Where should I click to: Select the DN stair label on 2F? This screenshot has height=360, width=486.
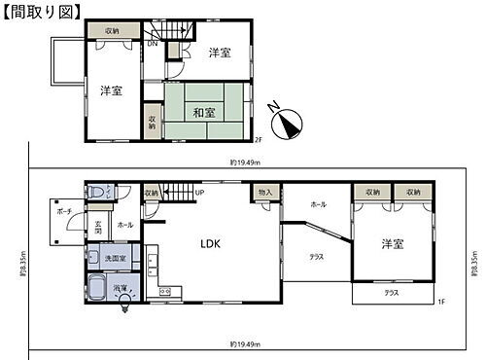pyautogui.click(x=153, y=44)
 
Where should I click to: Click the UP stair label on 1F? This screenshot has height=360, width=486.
pyautogui.click(x=198, y=193)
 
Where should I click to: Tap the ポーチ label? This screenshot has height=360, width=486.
pyautogui.click(x=65, y=210)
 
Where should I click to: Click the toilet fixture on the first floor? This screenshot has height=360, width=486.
pyautogui.click(x=93, y=195)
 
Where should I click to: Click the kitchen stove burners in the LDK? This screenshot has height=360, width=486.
pyautogui.click(x=164, y=291)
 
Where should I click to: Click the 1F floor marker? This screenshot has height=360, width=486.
pyautogui.click(x=439, y=303)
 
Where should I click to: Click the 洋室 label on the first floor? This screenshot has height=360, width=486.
pyautogui.click(x=392, y=243)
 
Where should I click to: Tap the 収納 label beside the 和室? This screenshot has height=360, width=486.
pyautogui.click(x=152, y=124)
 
